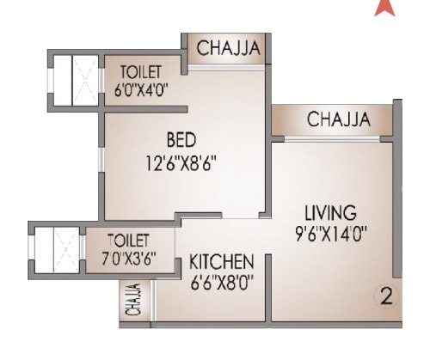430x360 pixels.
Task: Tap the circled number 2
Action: [386, 297]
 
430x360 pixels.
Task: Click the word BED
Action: [181, 139]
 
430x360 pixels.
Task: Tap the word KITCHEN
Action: [221, 260]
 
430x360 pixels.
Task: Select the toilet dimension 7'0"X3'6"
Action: [129, 255]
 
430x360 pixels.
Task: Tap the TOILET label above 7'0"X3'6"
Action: [129, 239]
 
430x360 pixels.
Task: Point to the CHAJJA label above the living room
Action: [339, 119]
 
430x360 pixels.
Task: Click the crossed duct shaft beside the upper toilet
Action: [75, 80]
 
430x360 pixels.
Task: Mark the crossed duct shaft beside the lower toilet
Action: [57, 246]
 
